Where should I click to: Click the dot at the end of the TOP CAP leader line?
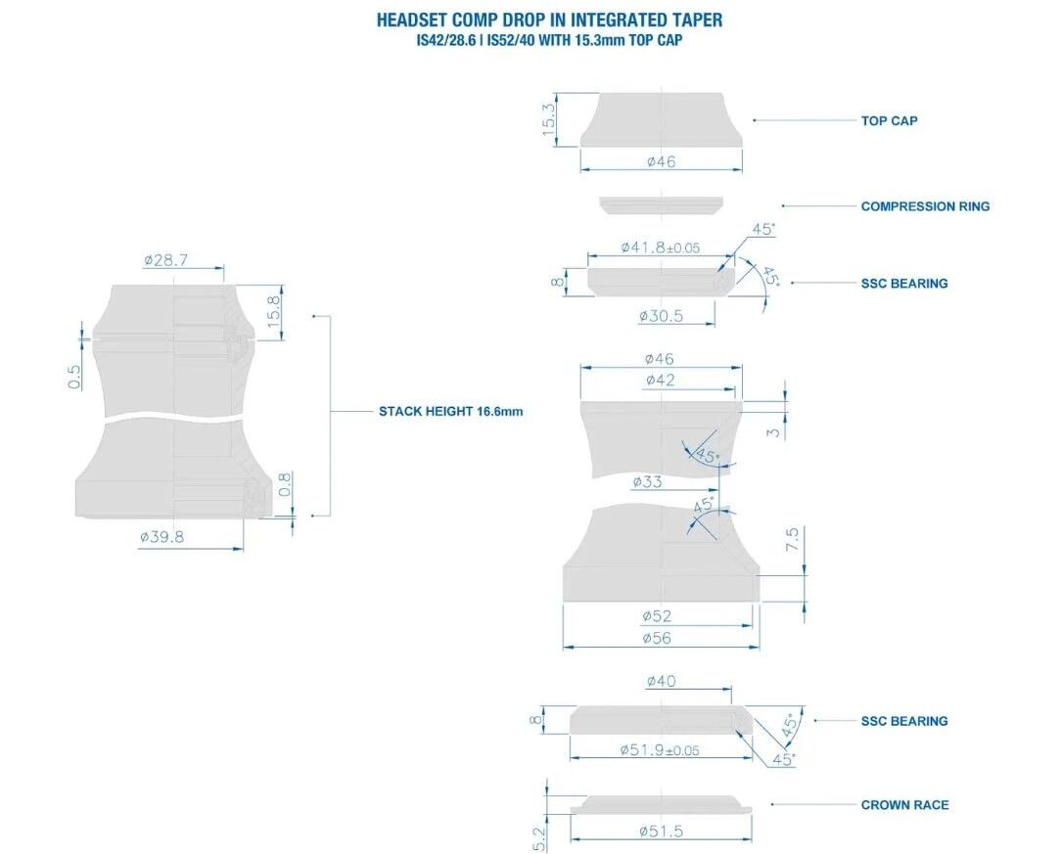(755, 120)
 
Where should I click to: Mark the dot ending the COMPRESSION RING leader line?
(783, 205)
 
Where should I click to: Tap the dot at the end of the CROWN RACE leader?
(772, 804)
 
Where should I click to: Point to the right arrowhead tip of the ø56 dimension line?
(760, 647)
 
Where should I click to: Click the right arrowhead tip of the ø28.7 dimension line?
(224, 268)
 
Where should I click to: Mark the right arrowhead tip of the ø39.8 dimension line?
(243, 549)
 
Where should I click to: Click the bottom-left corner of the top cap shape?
(580, 146)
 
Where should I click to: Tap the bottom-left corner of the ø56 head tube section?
(563, 601)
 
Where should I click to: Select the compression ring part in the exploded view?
(661, 205)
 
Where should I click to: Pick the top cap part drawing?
(661, 119)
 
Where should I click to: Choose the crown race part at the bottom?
(661, 805)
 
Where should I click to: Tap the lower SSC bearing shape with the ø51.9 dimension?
(661, 720)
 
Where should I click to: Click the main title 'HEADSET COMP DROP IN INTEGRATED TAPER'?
(549, 20)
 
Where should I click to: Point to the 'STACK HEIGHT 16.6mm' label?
(451, 411)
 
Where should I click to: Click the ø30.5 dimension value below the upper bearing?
(661, 316)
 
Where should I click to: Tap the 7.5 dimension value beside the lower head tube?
(792, 538)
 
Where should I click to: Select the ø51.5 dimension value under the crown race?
(661, 831)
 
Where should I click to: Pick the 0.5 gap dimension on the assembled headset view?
(74, 377)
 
